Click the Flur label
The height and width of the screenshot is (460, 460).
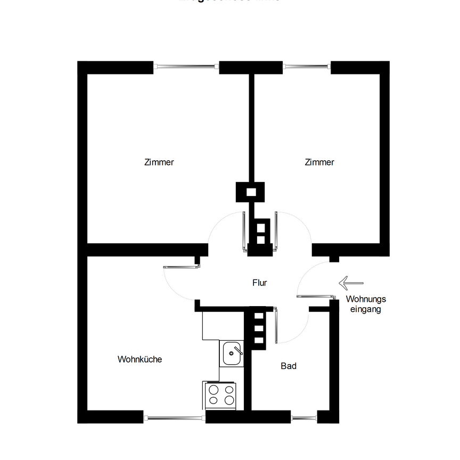[x=259, y=283]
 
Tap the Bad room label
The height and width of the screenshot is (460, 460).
[x=289, y=366]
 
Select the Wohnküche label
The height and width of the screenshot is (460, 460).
[x=139, y=359]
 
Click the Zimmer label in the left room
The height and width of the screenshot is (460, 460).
[x=159, y=162]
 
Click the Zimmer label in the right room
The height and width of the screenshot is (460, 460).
[x=319, y=162]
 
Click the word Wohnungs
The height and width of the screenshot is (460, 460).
[x=365, y=299]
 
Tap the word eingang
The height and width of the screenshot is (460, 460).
[x=365, y=309]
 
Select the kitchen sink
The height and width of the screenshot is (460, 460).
[x=233, y=354]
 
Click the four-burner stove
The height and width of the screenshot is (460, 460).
[x=221, y=395]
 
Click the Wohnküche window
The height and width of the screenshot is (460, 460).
[x=175, y=418]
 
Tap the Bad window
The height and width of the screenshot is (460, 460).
[x=305, y=418]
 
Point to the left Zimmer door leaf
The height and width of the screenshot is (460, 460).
[x=244, y=230]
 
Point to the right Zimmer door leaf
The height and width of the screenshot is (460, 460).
[x=276, y=230]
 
